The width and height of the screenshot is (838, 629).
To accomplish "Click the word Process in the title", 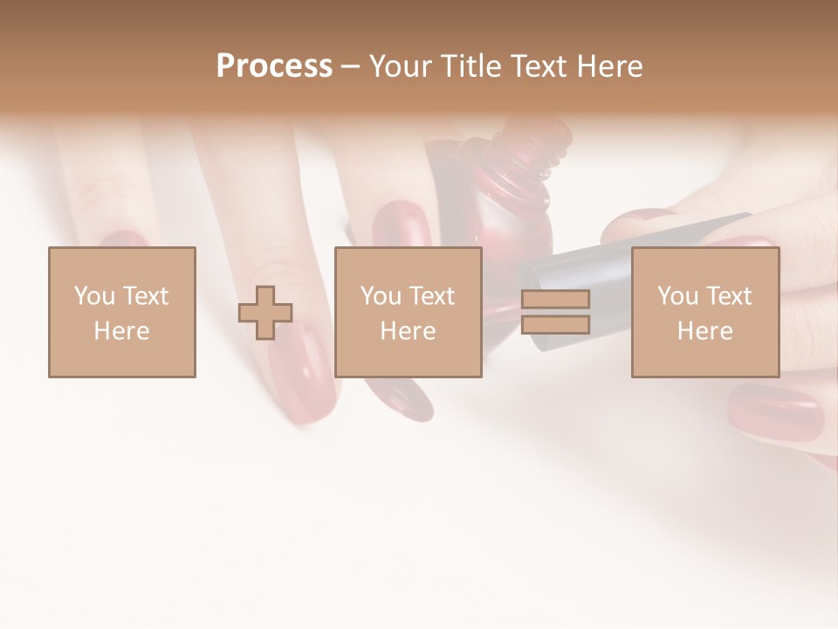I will pos(274,66).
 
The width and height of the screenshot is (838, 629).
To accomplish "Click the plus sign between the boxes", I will pos(265,312).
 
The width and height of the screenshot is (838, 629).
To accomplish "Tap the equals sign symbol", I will pos(555,312).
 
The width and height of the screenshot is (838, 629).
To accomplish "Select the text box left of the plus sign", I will pos(122,312).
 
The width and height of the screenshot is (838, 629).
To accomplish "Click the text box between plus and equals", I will pos(408,312).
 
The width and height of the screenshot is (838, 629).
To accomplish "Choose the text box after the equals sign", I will pos(704,312).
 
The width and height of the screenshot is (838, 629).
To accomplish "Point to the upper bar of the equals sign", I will pos(555,300).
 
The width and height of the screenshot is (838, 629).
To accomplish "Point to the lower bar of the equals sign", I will pos(555,325).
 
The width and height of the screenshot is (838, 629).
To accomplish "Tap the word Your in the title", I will pos(398,66).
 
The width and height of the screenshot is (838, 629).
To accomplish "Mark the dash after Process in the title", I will pos(350,67).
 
